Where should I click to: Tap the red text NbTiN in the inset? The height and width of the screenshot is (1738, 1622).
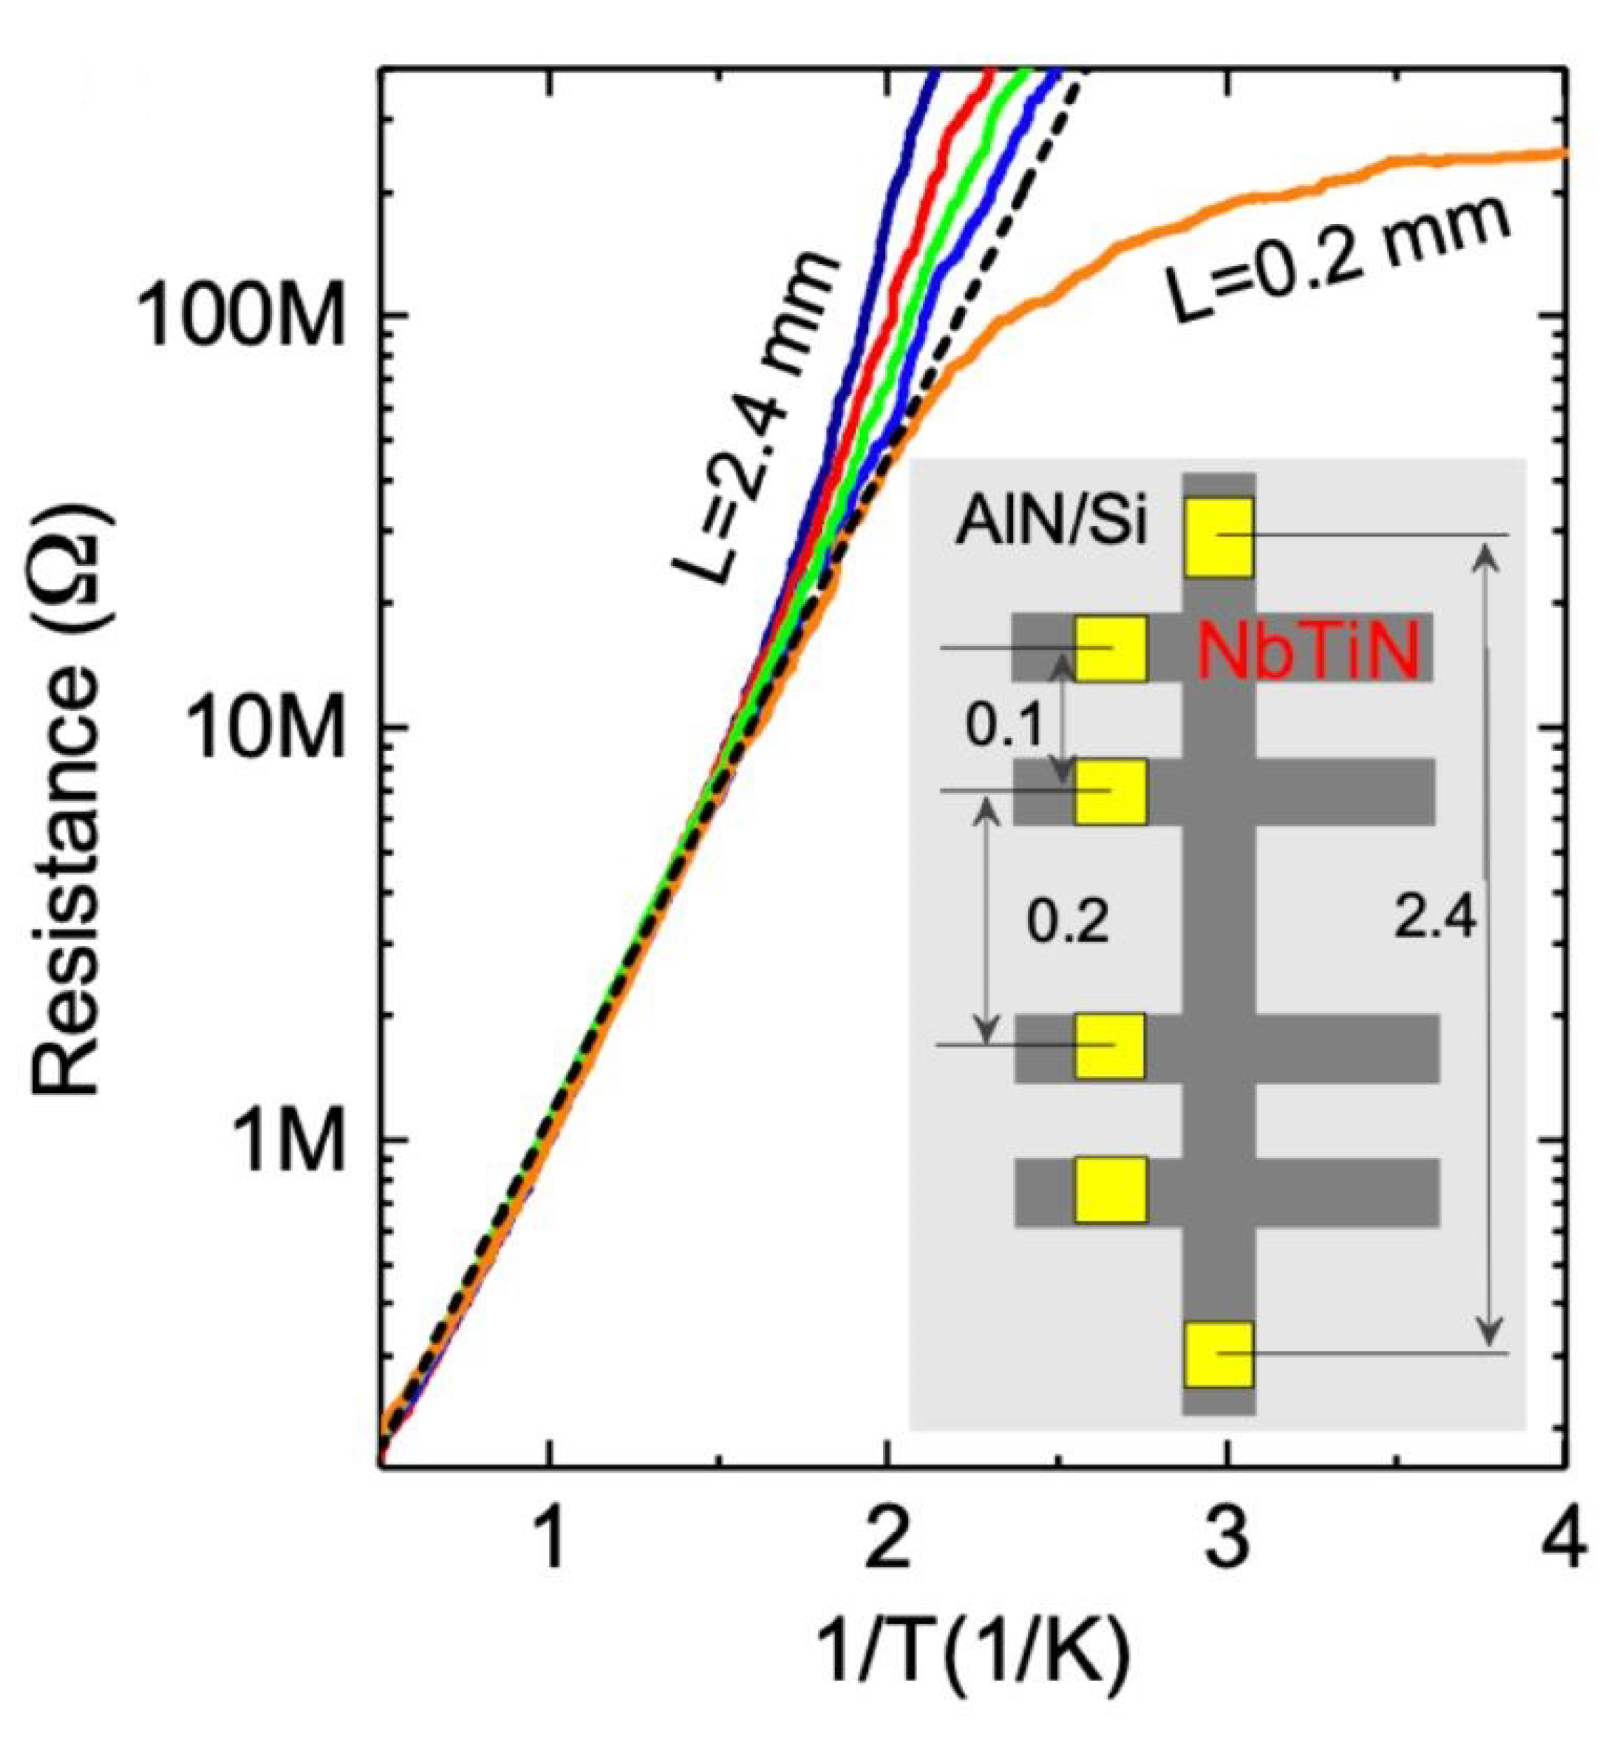coord(1306,653)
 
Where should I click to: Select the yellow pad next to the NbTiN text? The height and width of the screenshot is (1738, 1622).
coord(1111,649)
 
